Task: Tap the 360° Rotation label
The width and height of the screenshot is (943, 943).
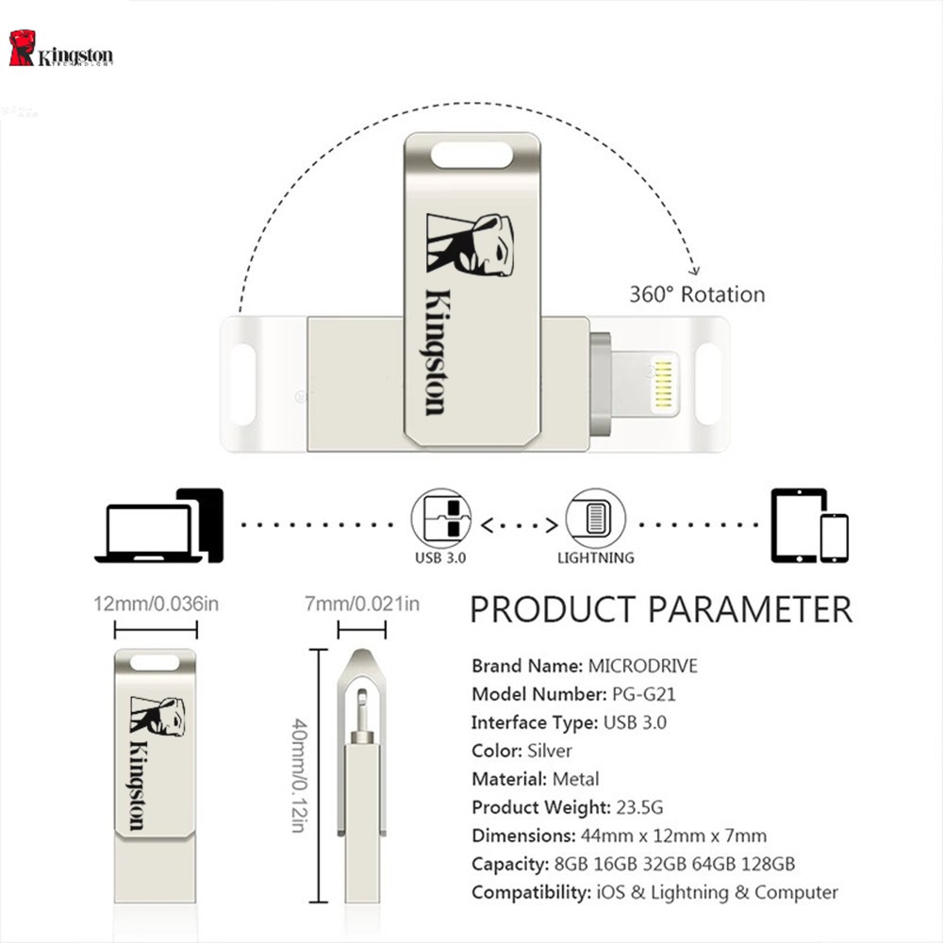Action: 697,294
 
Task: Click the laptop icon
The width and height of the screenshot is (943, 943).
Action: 148,532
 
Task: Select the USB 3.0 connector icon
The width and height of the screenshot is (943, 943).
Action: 440,519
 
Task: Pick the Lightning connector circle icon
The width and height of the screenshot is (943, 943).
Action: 595,519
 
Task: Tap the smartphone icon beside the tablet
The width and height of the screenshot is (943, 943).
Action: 835,538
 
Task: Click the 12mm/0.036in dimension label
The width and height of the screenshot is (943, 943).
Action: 157,604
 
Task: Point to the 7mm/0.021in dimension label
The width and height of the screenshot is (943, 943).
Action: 362,604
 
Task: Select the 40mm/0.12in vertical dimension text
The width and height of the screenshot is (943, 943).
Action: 300,775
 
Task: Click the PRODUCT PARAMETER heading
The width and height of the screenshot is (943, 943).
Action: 661,609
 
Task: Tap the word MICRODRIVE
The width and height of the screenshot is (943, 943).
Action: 643,666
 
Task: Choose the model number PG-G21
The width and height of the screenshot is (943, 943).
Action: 643,695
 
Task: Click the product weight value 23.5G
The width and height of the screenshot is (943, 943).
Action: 639,807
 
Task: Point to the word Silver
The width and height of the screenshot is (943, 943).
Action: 550,751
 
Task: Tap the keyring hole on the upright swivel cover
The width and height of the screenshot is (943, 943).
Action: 472,156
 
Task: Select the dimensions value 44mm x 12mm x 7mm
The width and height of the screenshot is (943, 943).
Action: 673,835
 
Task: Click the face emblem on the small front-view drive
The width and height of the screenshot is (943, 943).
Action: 157,717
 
